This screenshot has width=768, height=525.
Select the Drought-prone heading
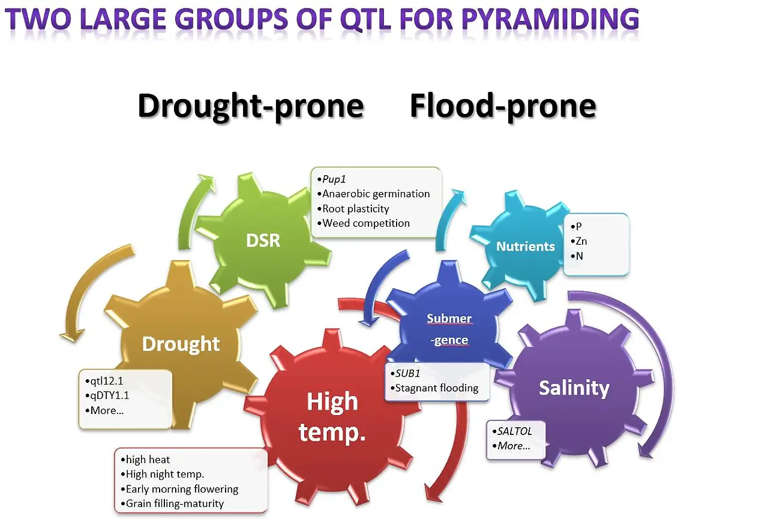[251, 107]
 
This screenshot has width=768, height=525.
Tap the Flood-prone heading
[503, 107]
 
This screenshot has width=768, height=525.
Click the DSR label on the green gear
[263, 241]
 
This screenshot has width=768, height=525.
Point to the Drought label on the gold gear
[181, 344]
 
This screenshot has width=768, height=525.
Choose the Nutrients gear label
[525, 246]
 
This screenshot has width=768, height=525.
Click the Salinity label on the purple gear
[574, 388]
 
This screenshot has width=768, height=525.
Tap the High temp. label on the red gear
[332, 416]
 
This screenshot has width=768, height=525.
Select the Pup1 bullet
[332, 179]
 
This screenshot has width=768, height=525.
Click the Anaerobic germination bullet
[373, 194]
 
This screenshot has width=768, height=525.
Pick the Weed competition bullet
[364, 223]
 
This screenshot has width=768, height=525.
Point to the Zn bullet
[579, 241]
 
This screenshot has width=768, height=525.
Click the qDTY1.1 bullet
[107, 395]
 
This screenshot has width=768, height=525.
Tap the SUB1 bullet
[405, 373]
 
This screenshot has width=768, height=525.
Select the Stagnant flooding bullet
[434, 388]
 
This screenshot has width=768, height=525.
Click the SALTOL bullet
[512, 431]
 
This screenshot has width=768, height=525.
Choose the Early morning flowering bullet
[179, 489]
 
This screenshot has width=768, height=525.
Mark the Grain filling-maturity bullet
[172, 503]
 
